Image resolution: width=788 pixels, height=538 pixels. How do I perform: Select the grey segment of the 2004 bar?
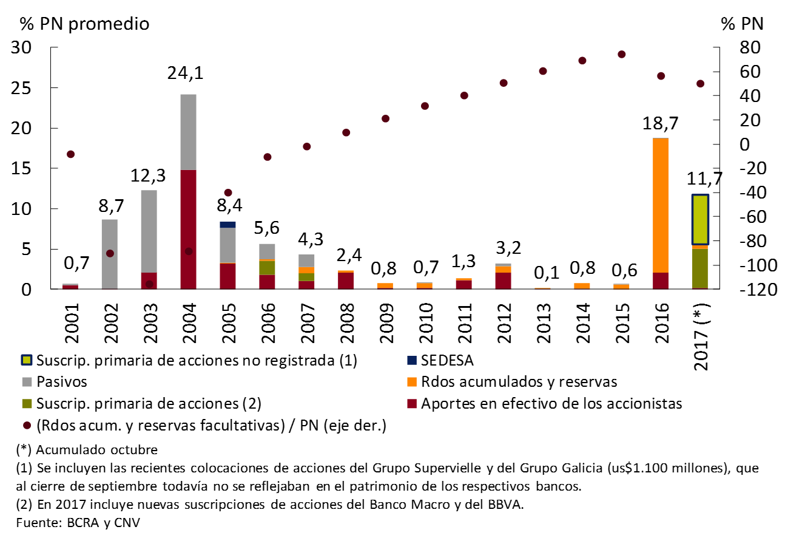[x=188, y=132]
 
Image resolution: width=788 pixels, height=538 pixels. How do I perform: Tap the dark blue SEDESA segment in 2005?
[x=227, y=225]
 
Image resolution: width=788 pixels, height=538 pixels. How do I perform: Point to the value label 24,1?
[x=186, y=74]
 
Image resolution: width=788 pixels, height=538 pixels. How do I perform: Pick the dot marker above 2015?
[x=621, y=54]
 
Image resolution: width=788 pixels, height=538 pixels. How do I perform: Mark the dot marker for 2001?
[x=70, y=154]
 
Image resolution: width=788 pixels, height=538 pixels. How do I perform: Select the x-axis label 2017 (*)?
[x=701, y=333]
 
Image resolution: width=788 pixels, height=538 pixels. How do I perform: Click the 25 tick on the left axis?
[x=27, y=88]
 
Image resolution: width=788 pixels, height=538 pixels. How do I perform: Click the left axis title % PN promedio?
[x=84, y=24]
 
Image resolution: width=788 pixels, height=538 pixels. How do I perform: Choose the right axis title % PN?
[x=742, y=24]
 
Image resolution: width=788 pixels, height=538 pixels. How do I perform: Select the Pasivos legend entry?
[x=62, y=382]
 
